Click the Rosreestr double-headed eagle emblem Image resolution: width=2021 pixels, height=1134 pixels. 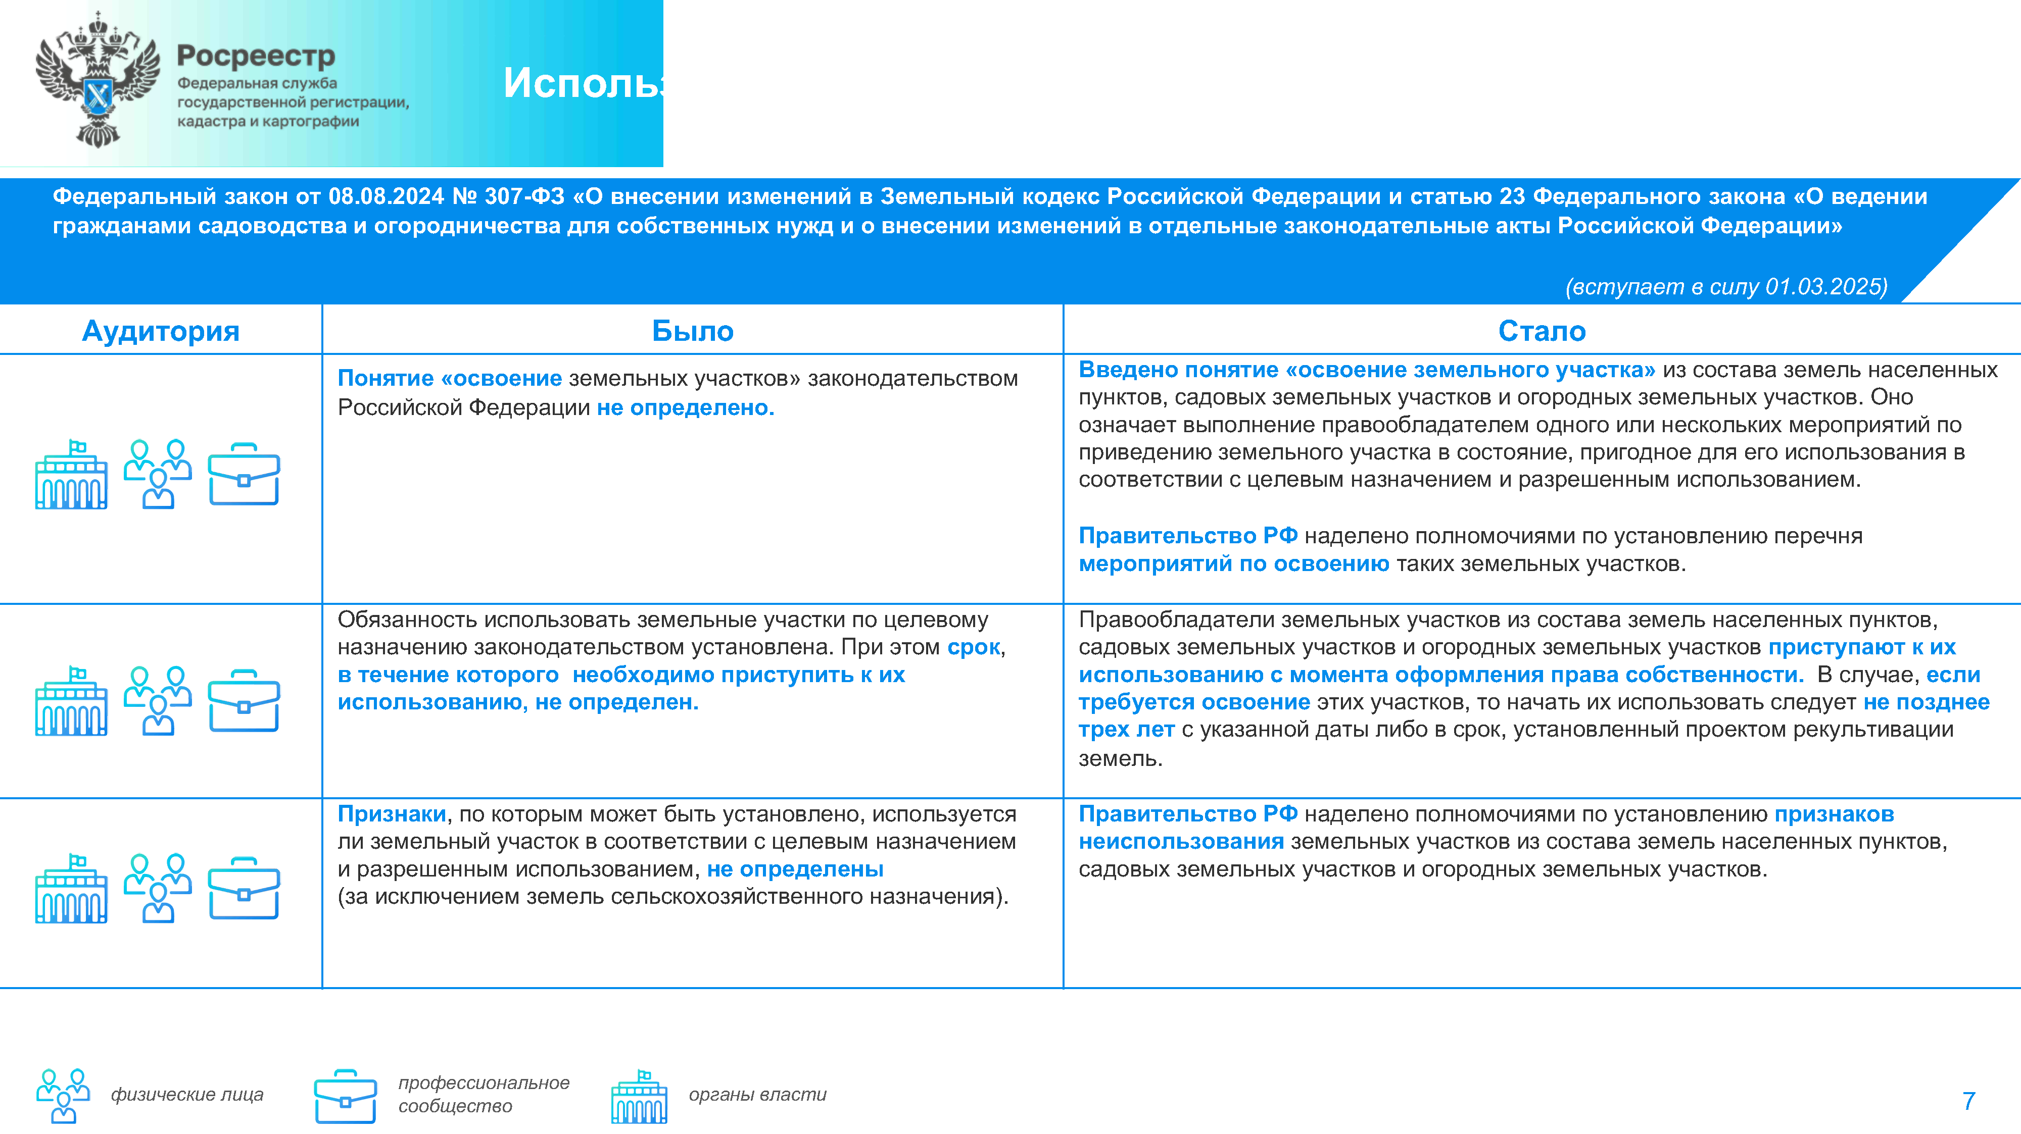pyautogui.click(x=98, y=80)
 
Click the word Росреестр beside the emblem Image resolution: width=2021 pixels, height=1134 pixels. pyautogui.click(x=256, y=56)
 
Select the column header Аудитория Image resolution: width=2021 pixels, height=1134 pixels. pyautogui.click(x=160, y=331)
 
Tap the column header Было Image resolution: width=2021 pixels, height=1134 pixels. pyautogui.click(x=692, y=331)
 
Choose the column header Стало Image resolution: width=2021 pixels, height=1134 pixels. pyautogui.click(x=1541, y=331)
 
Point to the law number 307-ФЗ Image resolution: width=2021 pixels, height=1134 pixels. pyautogui.click(x=524, y=196)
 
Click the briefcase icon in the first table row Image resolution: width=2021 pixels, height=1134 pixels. pyautogui.click(x=244, y=475)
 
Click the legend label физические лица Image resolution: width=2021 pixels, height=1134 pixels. pyautogui.click(x=187, y=1094)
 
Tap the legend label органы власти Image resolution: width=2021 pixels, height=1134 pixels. pyautogui.click(x=757, y=1094)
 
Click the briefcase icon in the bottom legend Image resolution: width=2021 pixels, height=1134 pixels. pyautogui.click(x=345, y=1096)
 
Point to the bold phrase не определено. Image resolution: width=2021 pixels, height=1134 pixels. pyautogui.click(x=685, y=408)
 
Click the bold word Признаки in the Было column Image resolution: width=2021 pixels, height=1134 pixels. pyautogui.click(x=392, y=814)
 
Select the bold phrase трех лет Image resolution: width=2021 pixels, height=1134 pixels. pyautogui.click(x=1126, y=730)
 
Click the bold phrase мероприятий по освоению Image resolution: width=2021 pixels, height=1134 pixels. pyautogui.click(x=1233, y=564)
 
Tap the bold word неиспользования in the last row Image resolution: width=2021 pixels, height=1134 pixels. pyautogui.click(x=1181, y=842)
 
